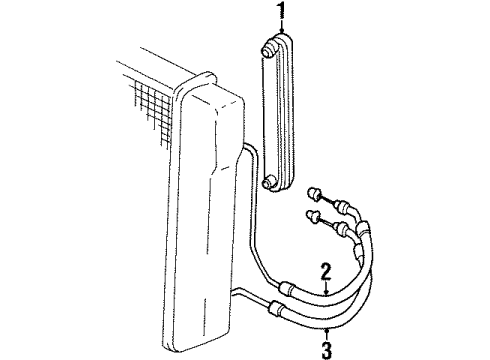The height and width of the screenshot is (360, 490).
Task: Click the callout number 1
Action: (x=281, y=12)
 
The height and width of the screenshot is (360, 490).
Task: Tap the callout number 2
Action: (x=326, y=270)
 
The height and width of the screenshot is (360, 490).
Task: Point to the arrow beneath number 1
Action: (x=281, y=30)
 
